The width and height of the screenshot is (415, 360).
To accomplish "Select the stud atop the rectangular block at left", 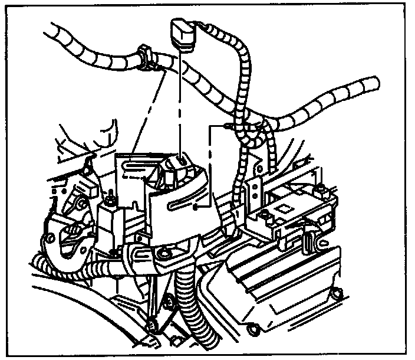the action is point(110,196).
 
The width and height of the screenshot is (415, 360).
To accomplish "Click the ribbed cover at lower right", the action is point(283,277).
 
